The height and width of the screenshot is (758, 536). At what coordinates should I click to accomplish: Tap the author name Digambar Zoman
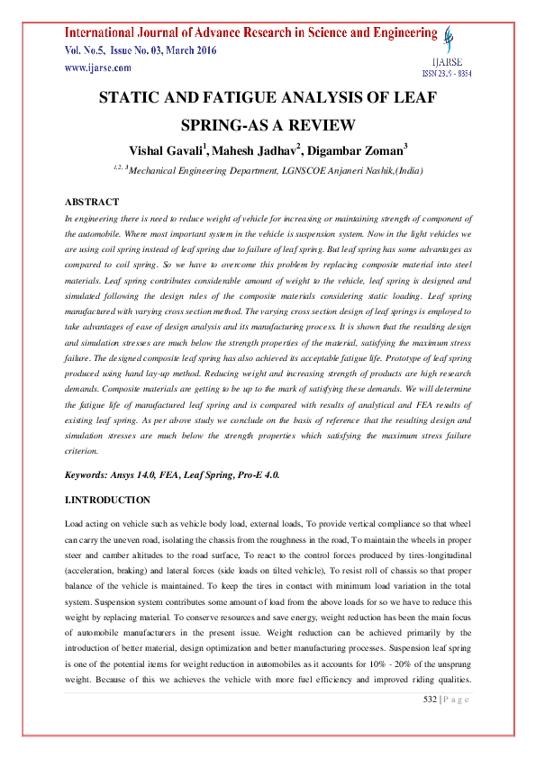click(x=355, y=149)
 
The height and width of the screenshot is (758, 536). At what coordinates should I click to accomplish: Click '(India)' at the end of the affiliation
click(x=404, y=170)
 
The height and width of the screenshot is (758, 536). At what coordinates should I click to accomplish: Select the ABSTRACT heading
click(x=93, y=202)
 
